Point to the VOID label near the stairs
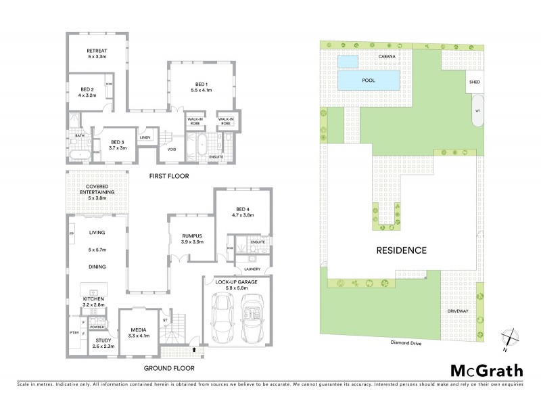[172, 150]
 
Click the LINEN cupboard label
[145, 138]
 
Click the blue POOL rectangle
[369, 81]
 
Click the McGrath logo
[486, 370]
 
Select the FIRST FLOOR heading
[170, 176]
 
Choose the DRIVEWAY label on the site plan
[458, 311]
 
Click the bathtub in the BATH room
[80, 156]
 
